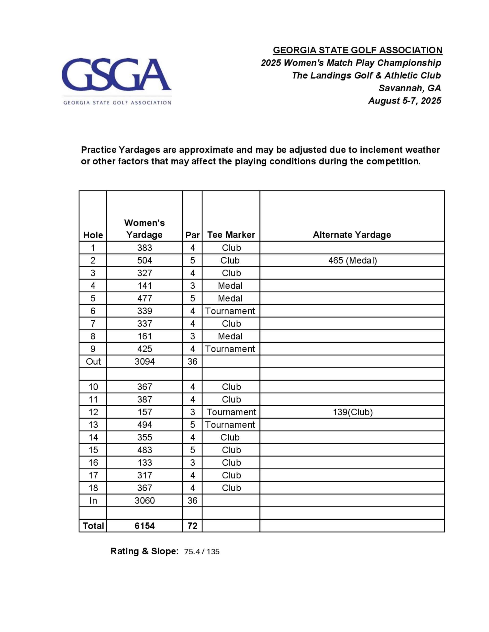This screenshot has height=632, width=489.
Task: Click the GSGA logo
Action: pos(116,81)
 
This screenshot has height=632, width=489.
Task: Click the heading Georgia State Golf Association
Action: pos(357,50)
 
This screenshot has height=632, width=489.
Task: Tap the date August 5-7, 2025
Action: pos(405,101)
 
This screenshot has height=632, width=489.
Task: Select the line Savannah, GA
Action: pos(410,88)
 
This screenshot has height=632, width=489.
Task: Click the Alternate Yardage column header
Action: pos(352,235)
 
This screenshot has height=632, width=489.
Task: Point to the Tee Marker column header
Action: pos(231,235)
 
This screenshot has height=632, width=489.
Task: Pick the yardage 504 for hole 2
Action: pos(144,260)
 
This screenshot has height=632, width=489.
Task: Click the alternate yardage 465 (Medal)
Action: pos(353,260)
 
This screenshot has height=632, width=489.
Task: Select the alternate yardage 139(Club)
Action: pos(353,412)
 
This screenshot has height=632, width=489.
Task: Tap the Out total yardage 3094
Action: pos(144,361)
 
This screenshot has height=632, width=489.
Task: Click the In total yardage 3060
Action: pos(144,501)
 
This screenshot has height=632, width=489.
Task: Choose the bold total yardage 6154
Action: pos(144,526)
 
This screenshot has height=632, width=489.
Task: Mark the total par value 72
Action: pos(192,526)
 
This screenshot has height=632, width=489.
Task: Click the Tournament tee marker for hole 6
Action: pos(230,311)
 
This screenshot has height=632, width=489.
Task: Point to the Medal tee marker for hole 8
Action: pos(230,336)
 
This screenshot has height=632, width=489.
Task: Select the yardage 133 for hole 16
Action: pos(144,463)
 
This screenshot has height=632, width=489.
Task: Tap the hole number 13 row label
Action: pos(93,425)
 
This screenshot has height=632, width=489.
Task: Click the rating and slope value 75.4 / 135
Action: pos(202,552)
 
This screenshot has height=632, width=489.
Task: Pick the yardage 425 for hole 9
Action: pos(144,349)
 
